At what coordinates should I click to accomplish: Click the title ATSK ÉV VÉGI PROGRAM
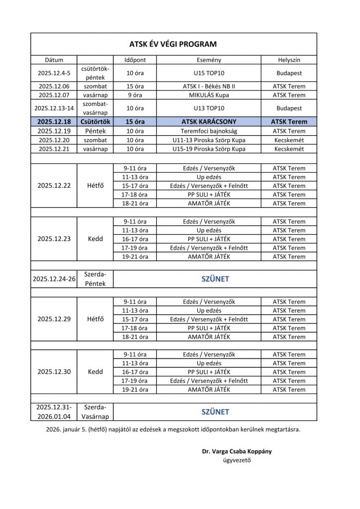pos(174,44)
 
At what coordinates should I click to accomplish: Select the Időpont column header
pos(135,60)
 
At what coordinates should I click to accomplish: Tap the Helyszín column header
pos(289,60)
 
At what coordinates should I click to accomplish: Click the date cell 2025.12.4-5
pos(54,73)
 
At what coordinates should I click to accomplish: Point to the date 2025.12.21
pos(54,149)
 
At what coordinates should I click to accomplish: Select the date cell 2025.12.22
pos(54,185)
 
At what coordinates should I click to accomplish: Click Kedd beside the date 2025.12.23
pos(95,239)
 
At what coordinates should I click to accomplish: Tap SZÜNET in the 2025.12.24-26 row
pos(215,279)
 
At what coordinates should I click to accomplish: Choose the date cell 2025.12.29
pos(54,319)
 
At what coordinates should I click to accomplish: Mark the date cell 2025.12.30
pos(54,372)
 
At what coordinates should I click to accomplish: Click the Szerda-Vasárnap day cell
pos(95,412)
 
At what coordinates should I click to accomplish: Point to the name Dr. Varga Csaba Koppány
pos(237,451)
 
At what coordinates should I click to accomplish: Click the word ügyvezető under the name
pos(237,460)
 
